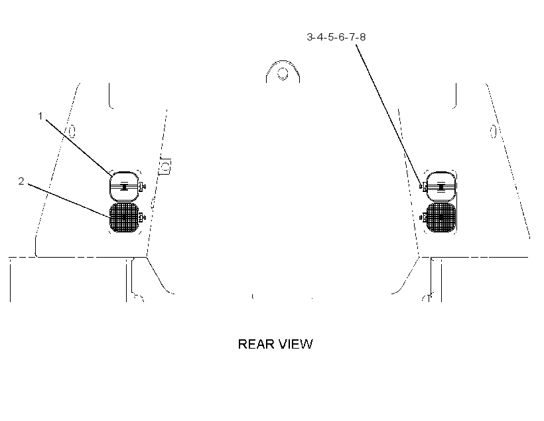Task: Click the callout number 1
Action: point(40,116)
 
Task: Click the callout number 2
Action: point(21,181)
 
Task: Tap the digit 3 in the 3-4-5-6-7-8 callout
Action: point(310,37)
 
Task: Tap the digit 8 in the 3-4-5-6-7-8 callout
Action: point(362,37)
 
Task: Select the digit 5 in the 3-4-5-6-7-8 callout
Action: point(330,37)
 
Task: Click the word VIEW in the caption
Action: point(297,344)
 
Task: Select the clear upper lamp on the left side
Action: point(124,187)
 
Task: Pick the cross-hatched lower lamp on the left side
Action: point(124,218)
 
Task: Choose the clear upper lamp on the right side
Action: point(441,187)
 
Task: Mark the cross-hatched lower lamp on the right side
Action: point(441,218)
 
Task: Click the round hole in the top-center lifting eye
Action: point(283,74)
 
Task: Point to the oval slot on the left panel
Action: point(72,131)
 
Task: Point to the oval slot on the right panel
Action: point(493,131)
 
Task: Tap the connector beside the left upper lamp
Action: point(142,187)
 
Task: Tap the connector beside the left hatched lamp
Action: point(142,218)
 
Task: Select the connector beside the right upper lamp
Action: point(423,187)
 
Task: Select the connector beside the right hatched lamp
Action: point(423,217)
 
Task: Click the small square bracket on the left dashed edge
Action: point(165,167)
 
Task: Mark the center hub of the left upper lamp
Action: point(124,187)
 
